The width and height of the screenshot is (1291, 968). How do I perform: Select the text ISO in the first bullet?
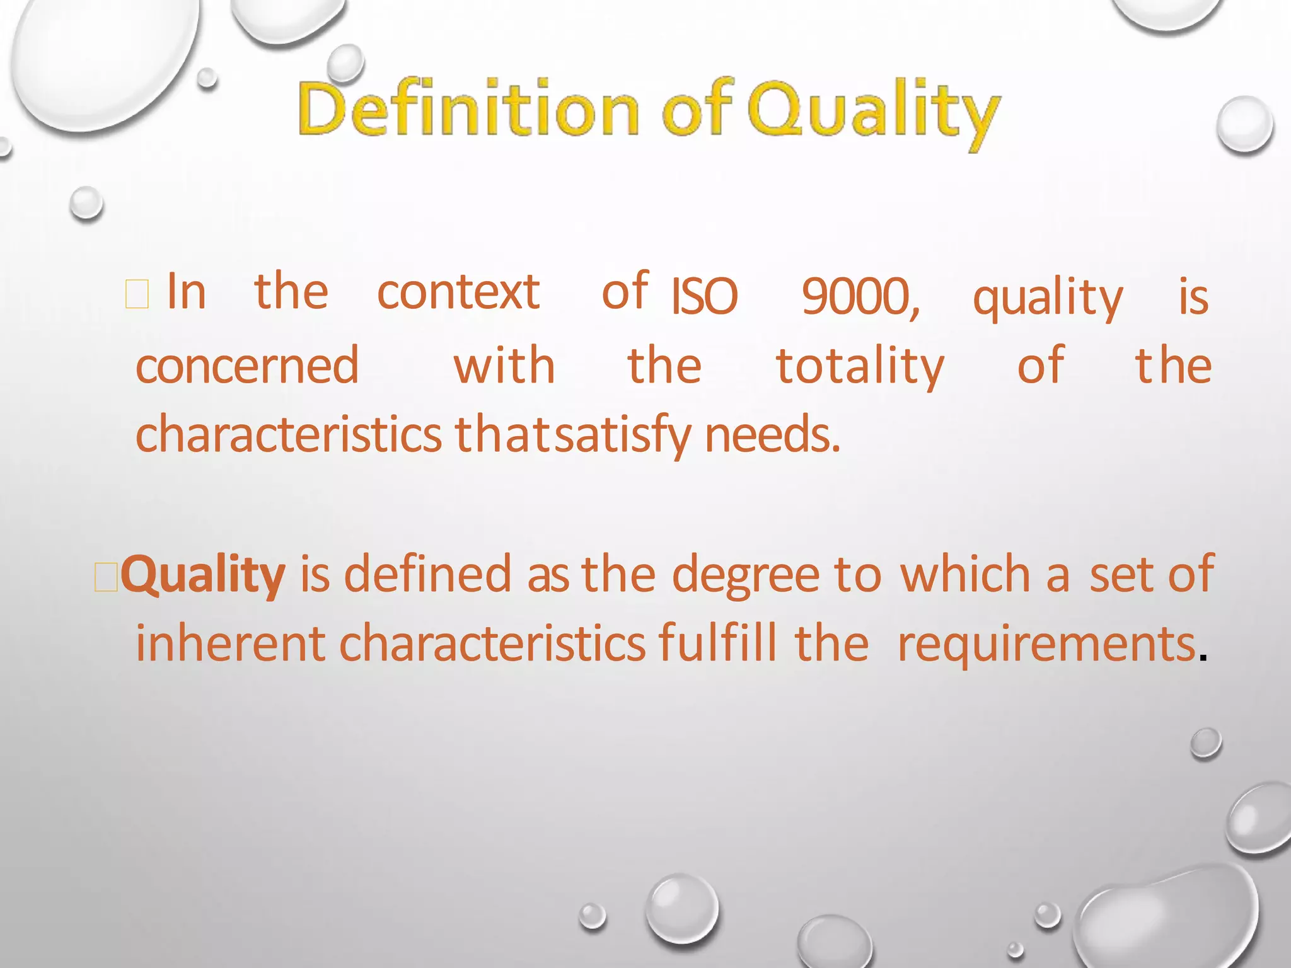pyautogui.click(x=704, y=296)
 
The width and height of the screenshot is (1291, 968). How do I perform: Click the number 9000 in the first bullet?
pyautogui.click(x=859, y=296)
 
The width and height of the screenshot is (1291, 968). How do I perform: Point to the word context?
pyautogui.click(x=458, y=292)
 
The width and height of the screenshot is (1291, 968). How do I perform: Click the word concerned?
pyautogui.click(x=247, y=366)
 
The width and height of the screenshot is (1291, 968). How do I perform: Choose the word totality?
pyautogui.click(x=860, y=366)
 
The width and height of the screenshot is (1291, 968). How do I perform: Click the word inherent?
pyautogui.click(x=231, y=643)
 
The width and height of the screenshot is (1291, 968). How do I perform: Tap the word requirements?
pyautogui.click(x=1046, y=645)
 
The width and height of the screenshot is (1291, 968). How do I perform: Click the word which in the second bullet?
pyautogui.click(x=965, y=574)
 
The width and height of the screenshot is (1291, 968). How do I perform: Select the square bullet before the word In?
pyautogui.click(x=137, y=295)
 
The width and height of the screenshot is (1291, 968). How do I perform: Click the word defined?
pyautogui.click(x=427, y=574)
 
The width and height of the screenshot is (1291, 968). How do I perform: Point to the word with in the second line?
pyautogui.click(x=504, y=366)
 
